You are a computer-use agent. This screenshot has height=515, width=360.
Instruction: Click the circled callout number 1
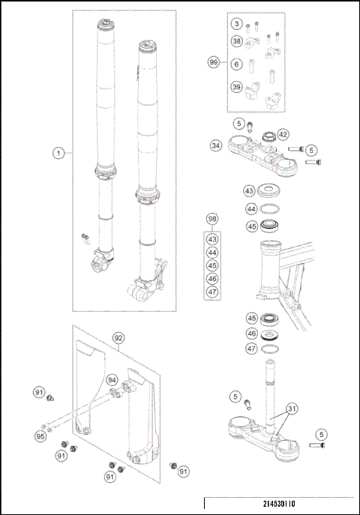[58, 153]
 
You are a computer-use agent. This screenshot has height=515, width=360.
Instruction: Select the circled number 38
[236, 41]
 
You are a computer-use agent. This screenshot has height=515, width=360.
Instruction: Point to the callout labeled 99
[214, 64]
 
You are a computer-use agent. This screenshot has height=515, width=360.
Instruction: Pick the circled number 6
[236, 65]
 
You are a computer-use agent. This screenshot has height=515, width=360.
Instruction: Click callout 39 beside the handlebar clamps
[236, 88]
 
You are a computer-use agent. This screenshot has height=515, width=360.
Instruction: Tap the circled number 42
[283, 134]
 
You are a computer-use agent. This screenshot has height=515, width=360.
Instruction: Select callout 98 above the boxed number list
[213, 219]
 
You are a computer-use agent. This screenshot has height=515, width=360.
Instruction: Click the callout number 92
[118, 337]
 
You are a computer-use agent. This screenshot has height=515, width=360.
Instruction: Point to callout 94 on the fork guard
[112, 379]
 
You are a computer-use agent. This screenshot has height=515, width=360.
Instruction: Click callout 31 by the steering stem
[290, 409]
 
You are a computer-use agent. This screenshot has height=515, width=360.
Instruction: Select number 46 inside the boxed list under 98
[213, 278]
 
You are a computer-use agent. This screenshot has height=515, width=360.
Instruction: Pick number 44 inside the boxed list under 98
[213, 252]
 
